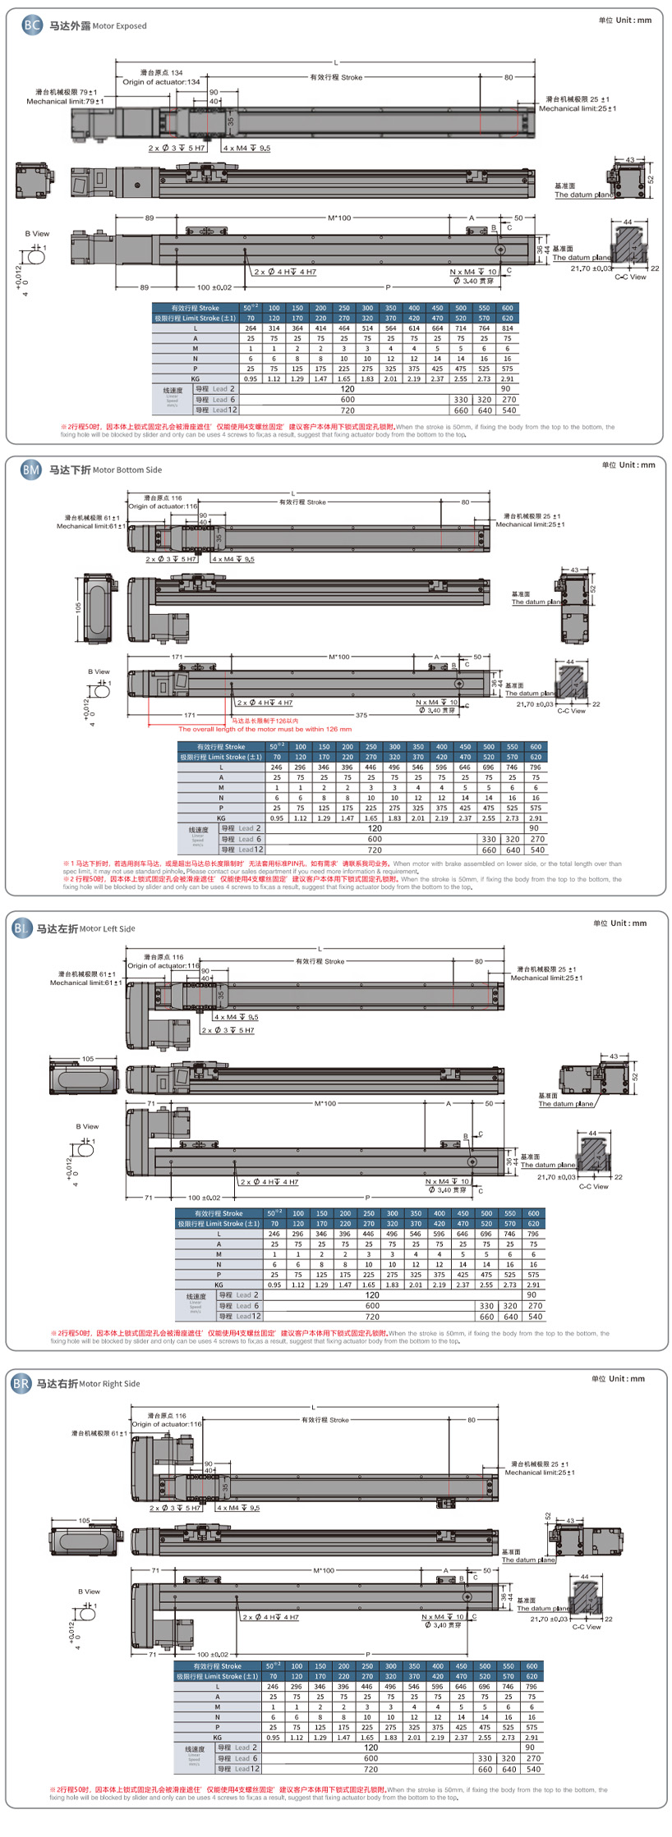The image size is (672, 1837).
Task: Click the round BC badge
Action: (32, 25)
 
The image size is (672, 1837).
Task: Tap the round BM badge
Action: (31, 470)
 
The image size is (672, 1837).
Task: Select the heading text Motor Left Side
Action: (108, 928)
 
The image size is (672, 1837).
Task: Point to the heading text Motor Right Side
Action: (109, 1383)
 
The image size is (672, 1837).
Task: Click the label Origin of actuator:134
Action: (161, 82)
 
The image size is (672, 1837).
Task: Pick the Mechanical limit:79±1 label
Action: (65, 102)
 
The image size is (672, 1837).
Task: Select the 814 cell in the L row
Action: (508, 328)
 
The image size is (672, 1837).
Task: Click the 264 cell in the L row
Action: (251, 328)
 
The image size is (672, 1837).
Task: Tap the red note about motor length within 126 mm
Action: (265, 729)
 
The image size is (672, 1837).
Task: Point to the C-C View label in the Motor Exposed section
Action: (630, 277)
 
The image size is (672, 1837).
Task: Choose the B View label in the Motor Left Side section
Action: (87, 1126)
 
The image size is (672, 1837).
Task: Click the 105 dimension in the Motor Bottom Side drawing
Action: (79, 607)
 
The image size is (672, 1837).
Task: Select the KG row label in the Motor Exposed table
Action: (196, 379)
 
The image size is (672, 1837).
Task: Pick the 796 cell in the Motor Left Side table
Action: (533, 1234)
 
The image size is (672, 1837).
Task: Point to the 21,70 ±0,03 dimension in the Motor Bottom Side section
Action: (535, 704)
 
